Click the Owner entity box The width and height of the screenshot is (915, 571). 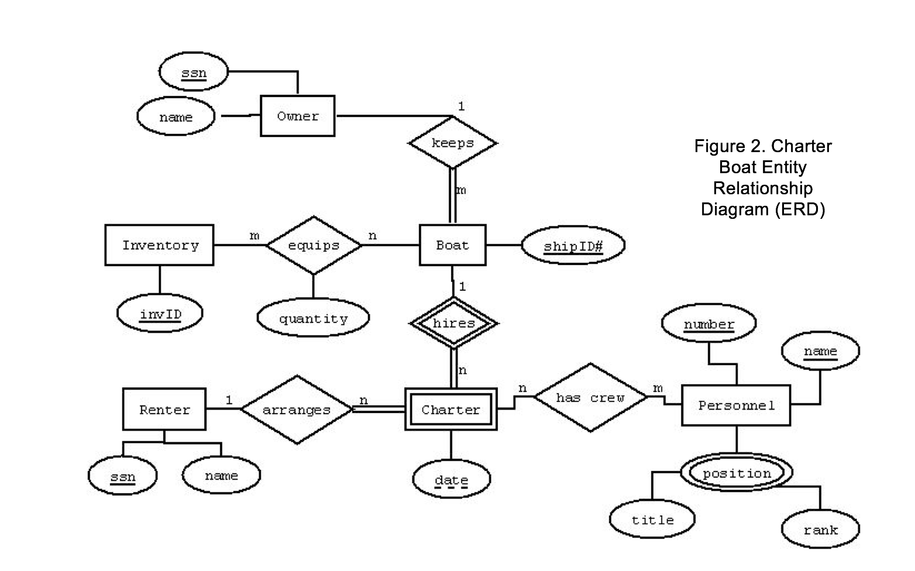coord(297,116)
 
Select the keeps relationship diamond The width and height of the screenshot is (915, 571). coord(453,143)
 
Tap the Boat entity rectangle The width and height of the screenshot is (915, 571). coord(453,245)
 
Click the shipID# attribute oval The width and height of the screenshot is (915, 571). coord(573,246)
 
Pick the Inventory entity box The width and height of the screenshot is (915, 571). coord(159,245)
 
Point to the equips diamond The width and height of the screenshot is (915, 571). coord(314,245)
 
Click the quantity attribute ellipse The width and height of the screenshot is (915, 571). coord(314,318)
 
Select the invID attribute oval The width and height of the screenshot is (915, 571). coord(160,313)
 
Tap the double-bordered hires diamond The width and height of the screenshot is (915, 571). coord(453,323)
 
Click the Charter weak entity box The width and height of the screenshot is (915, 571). coord(451,409)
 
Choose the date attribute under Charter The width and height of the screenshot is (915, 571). coord(452,479)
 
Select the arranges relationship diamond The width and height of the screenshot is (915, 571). coord(297,410)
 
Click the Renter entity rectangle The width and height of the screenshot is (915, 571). coord(164,410)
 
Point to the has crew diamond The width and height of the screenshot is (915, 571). coord(590,397)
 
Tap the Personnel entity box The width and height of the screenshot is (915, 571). coord(736,405)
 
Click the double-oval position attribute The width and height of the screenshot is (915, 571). coord(737,472)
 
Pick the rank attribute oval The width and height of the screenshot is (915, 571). coord(820,529)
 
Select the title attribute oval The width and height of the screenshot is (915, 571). coord(652,519)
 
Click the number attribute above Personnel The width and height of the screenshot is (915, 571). coord(708,323)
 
